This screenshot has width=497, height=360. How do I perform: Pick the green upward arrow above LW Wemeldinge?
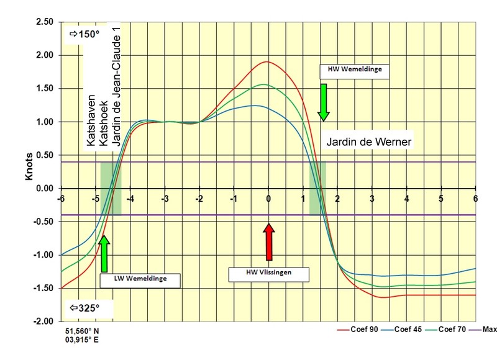(x=104, y=253)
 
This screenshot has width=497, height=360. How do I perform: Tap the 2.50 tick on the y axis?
(x=43, y=22)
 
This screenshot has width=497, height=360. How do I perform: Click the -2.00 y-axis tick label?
(x=42, y=322)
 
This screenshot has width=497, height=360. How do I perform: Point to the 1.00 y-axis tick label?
(x=43, y=122)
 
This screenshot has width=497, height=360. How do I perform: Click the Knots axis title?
(x=28, y=171)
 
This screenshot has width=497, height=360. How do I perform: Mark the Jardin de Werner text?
(x=370, y=142)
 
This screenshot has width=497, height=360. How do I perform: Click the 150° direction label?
(x=82, y=35)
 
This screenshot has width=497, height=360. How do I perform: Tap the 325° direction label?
(x=82, y=306)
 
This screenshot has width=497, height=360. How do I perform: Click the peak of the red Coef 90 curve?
(x=268, y=62)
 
